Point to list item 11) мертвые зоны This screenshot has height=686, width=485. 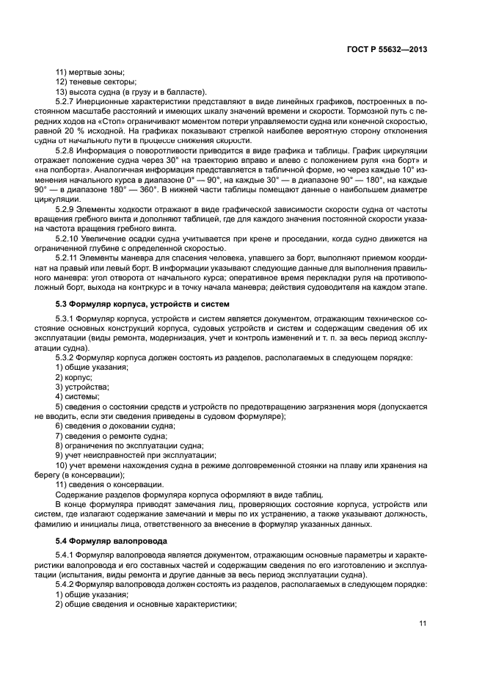90,71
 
